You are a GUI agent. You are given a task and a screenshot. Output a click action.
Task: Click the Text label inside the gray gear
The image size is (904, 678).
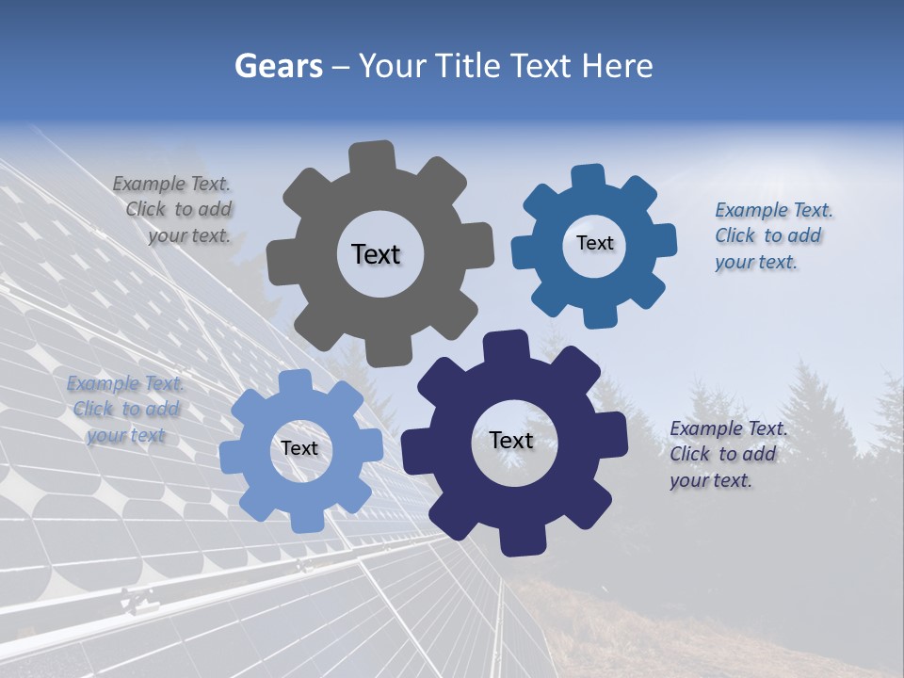pyautogui.click(x=376, y=254)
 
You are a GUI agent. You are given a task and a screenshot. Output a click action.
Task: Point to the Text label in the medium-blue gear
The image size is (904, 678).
pyautogui.click(x=594, y=243)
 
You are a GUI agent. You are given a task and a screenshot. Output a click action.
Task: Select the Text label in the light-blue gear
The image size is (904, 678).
pyautogui.click(x=299, y=448)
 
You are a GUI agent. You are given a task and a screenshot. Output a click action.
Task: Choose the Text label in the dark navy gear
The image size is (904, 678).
pyautogui.click(x=511, y=440)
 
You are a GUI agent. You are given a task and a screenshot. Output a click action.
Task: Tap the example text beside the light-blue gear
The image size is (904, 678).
pyautogui.click(x=125, y=410)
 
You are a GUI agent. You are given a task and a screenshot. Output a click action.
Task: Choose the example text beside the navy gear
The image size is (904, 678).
pyautogui.click(x=727, y=454)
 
